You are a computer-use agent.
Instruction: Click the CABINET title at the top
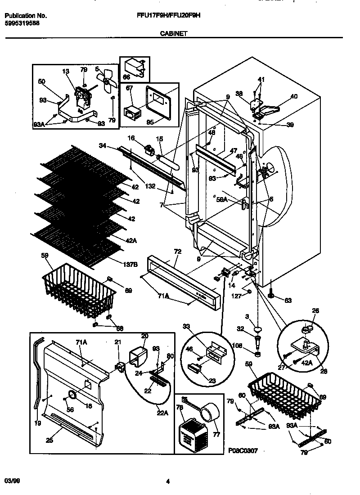point(173,33)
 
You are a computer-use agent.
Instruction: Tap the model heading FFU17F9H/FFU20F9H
point(168,15)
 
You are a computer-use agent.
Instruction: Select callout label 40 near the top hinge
point(294,96)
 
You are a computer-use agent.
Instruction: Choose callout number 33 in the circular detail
point(186,327)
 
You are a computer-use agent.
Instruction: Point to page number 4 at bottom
point(167,481)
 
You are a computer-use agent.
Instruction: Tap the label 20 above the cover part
point(144,336)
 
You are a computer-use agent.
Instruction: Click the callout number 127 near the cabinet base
point(236,297)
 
